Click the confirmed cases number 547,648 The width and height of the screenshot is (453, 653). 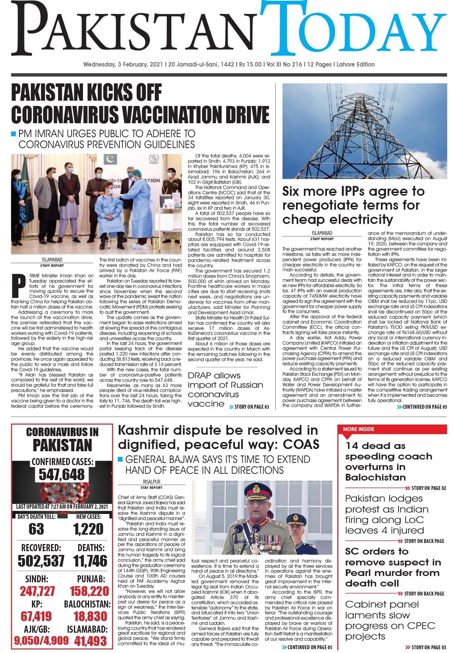[62, 475]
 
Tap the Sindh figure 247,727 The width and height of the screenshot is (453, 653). [37, 591]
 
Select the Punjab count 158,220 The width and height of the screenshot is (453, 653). [89, 591]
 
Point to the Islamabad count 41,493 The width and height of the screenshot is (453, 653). [91, 641]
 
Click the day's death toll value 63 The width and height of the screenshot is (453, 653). [36, 529]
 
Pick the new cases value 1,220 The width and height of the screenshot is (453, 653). [88, 529]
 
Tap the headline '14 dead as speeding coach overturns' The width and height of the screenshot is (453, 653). [388, 461]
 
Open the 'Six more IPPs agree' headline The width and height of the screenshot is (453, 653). [353, 205]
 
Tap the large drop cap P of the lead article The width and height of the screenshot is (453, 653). [19, 285]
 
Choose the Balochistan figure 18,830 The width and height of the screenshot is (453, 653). [90, 616]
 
